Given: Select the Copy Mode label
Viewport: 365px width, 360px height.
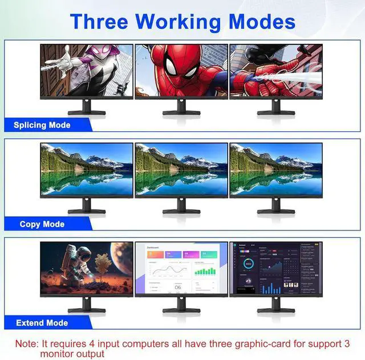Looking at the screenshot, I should [x=42, y=224].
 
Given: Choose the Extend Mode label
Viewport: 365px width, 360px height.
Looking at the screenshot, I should [x=42, y=323].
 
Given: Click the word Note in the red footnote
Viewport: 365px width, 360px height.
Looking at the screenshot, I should [x=26, y=344].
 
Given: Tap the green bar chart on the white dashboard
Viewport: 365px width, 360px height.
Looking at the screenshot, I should [x=205, y=270].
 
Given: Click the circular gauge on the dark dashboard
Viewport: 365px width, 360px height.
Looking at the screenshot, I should [x=248, y=264].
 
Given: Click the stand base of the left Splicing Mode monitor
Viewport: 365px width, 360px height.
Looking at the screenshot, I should [x=87, y=112].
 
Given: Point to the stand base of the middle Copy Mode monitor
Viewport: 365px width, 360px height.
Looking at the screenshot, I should [x=181, y=212].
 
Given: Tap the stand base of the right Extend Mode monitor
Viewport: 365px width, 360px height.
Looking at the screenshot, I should [x=275, y=310].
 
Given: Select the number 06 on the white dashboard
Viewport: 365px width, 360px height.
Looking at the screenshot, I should [x=177, y=288].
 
